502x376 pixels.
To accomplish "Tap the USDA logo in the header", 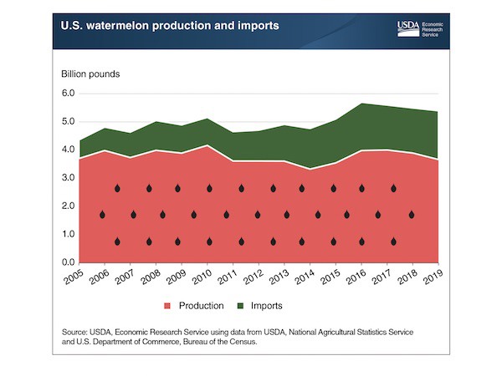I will [x=410, y=27].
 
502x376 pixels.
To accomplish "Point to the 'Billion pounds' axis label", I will [x=90, y=74].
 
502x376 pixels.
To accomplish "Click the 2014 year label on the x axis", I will [x=302, y=277].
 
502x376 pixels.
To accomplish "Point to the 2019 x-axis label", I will [x=431, y=277].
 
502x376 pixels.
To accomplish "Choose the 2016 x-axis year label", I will [x=353, y=277].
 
